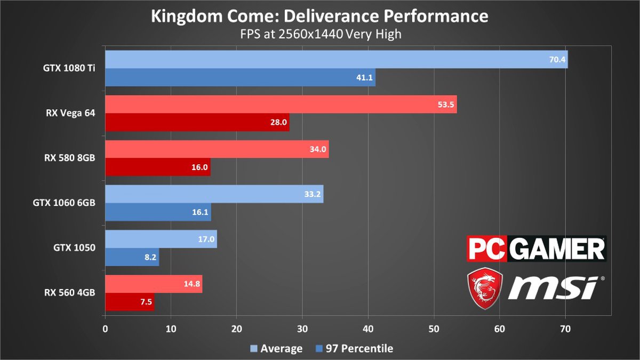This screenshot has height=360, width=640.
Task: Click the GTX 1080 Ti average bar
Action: pyautogui.click(x=336, y=60)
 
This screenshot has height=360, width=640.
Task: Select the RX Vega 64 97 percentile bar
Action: pyautogui.click(x=197, y=122)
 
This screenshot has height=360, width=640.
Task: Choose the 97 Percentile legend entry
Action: pyautogui.click(x=354, y=349)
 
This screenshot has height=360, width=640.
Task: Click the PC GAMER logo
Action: pyautogui.click(x=536, y=249)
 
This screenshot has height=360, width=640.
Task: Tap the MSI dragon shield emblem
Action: pyautogui.click(x=483, y=288)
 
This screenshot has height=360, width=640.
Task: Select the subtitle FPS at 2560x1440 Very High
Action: pyautogui.click(x=319, y=35)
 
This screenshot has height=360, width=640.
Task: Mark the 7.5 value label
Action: pyautogui.click(x=145, y=301)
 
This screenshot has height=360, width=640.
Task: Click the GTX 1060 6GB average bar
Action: pyautogui.click(x=214, y=194)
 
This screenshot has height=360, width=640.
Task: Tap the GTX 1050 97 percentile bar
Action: pyautogui.click(x=132, y=257)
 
